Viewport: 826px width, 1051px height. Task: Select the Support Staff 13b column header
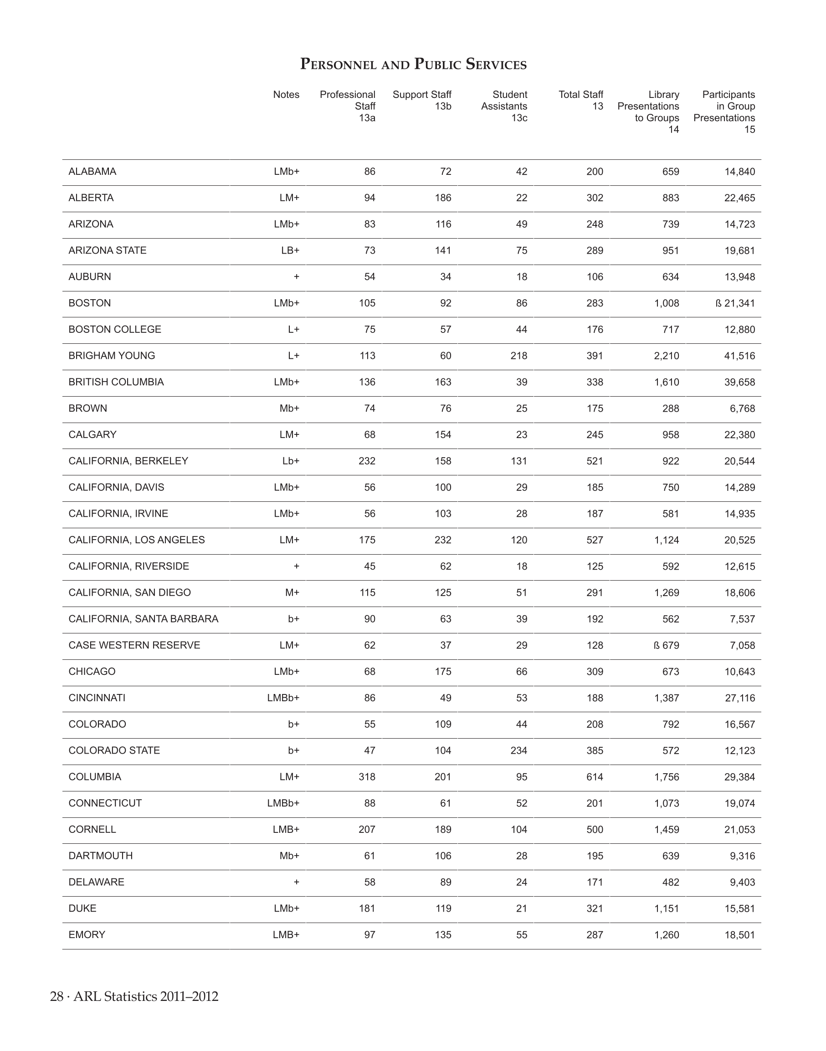pyautogui.click(x=422, y=100)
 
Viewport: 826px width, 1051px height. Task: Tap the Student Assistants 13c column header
pyautogui.click(x=504, y=106)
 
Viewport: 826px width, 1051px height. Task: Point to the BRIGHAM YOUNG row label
pyautogui.click(x=112, y=356)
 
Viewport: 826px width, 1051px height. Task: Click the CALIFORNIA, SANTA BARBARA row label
pyautogui.click(x=143, y=619)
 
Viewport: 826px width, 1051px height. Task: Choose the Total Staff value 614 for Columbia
pyautogui.click(x=595, y=777)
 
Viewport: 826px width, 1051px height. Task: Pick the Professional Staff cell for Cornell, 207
pyautogui.click(x=367, y=830)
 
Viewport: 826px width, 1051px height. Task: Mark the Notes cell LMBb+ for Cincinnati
pyautogui.click(x=283, y=698)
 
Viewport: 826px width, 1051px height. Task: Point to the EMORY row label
pyautogui.click(x=87, y=935)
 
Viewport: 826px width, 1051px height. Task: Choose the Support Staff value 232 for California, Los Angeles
pyautogui.click(x=443, y=540)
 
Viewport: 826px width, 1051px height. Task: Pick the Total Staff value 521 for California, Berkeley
pyautogui.click(x=595, y=461)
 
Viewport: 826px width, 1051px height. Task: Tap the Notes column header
pyautogui.click(x=286, y=95)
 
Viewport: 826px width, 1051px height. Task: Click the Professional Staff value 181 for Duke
pyautogui.click(x=367, y=908)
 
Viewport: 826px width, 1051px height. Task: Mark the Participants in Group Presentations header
pyautogui.click(x=724, y=112)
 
